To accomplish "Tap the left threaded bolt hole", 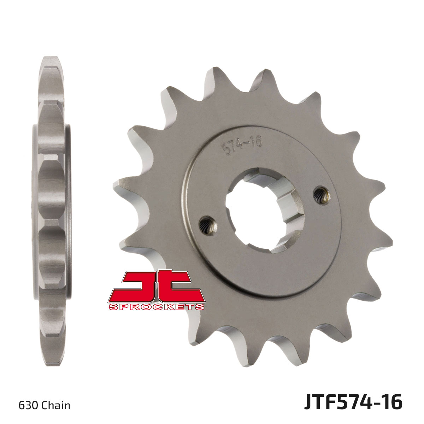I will click(205, 225).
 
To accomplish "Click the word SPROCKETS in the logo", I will click(157, 307).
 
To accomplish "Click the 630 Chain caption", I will click(44, 405).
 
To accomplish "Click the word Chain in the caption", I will click(56, 405).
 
